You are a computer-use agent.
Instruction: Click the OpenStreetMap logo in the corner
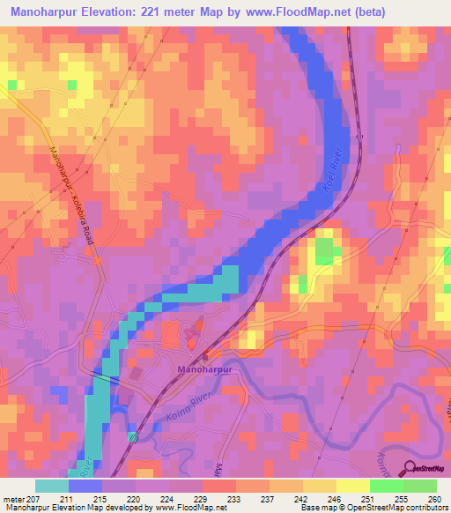click(426, 470)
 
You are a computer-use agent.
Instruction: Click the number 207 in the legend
click(34, 498)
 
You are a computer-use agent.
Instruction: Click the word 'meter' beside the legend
click(12, 498)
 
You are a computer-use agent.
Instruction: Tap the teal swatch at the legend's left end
click(51, 486)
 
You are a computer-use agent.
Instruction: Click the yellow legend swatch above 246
click(319, 486)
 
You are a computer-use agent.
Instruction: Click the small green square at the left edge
click(12, 85)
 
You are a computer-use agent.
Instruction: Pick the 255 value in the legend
click(403, 498)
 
